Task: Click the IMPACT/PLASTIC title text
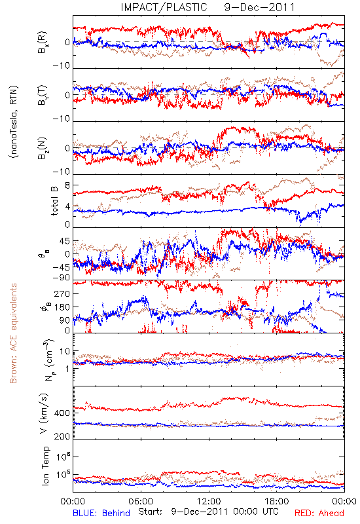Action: (164, 7)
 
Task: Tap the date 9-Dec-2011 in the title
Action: (259, 7)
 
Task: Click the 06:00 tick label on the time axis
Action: (141, 501)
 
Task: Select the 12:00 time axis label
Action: (209, 501)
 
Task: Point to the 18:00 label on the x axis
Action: (277, 501)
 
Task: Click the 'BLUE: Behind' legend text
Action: (101, 513)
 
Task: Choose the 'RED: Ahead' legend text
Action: (319, 513)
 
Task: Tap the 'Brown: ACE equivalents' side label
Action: (13, 333)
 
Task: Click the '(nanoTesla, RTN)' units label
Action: (14, 122)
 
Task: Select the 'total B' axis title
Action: (54, 201)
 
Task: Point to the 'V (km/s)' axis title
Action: (44, 414)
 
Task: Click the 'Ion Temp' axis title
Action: (45, 466)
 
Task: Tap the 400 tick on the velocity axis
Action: (62, 413)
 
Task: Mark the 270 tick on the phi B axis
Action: (62, 293)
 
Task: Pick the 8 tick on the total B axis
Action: (67, 185)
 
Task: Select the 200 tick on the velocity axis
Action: (62, 436)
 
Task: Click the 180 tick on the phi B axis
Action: (62, 307)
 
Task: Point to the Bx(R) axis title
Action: (43, 42)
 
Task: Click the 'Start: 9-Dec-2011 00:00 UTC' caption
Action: (208, 512)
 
